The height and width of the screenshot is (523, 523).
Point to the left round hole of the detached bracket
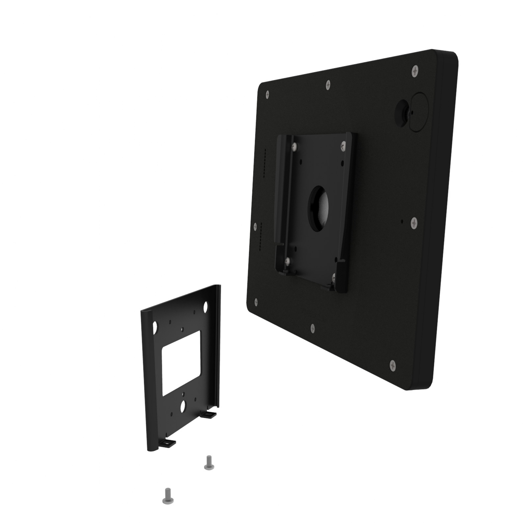[x=156, y=327]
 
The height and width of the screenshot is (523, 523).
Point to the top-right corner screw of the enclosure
[x=415, y=71]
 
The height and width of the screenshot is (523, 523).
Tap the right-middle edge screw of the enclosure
[x=414, y=223]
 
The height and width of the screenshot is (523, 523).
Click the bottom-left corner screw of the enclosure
[x=256, y=302]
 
